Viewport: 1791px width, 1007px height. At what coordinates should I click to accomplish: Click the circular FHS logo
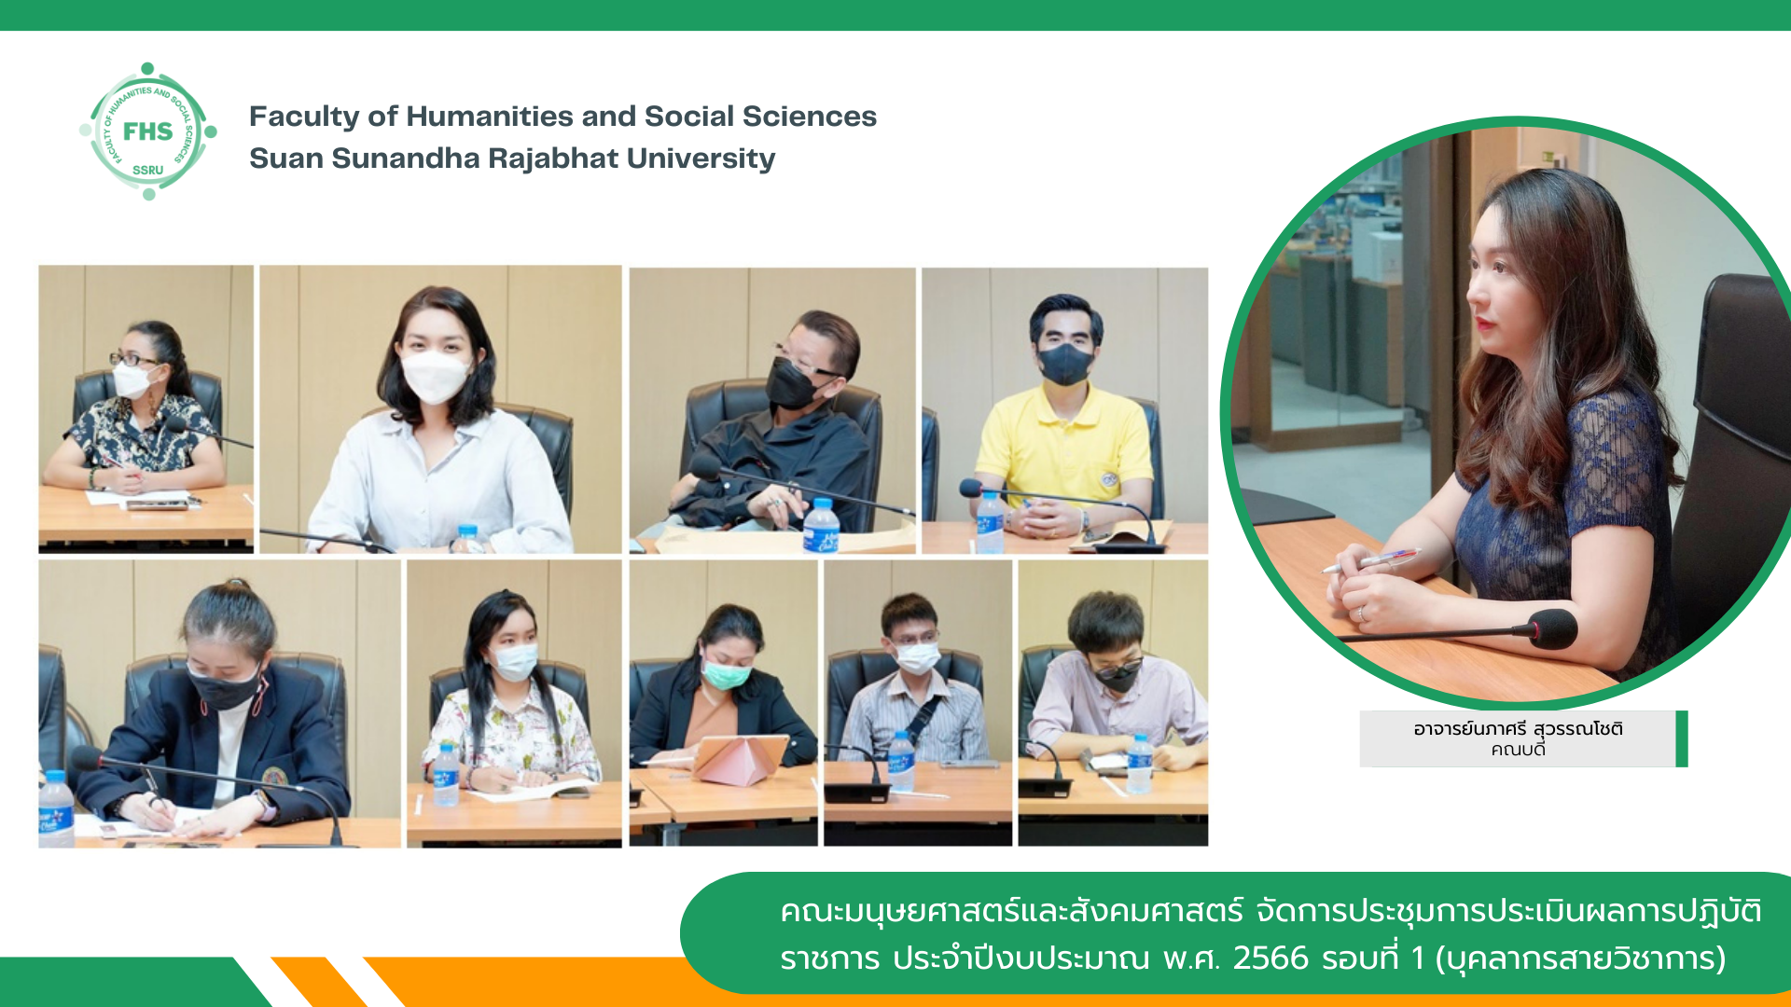click(148, 131)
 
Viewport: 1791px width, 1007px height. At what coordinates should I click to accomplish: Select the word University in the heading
click(701, 159)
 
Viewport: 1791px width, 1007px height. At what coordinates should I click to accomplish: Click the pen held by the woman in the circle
click(1370, 561)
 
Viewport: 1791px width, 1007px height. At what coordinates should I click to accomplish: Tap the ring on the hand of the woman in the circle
click(1362, 613)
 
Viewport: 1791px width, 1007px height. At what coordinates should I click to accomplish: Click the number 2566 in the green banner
click(1270, 959)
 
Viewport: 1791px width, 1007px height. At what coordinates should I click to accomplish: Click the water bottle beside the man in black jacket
click(821, 526)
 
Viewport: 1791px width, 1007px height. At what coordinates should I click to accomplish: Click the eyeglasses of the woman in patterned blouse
click(135, 359)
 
